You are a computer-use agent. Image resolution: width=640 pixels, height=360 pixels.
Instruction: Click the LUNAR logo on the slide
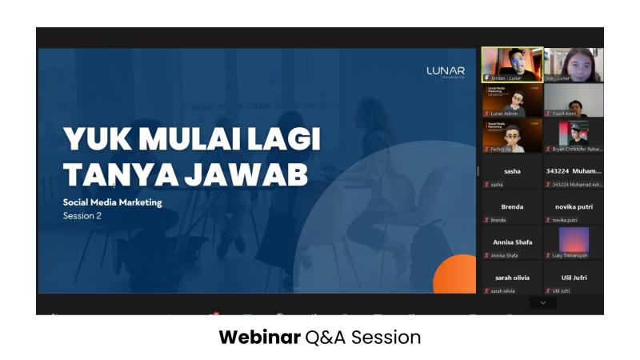446,72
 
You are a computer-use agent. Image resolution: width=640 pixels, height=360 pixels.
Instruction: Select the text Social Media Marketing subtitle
112,202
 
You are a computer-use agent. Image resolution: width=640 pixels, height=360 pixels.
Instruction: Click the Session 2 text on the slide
83,216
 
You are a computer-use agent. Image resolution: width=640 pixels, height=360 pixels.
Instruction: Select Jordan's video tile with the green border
512,65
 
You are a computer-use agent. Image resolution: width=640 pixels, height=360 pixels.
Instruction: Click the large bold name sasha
512,171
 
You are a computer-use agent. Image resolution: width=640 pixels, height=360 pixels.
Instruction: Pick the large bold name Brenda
512,206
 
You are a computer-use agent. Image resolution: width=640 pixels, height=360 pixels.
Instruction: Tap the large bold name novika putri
574,206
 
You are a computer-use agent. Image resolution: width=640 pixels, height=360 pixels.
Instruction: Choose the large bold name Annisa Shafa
512,242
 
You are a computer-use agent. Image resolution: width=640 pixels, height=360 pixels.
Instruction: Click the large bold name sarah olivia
512,278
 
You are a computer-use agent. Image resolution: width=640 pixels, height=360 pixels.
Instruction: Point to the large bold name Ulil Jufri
574,278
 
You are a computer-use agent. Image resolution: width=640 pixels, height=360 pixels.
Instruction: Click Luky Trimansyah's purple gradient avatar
574,238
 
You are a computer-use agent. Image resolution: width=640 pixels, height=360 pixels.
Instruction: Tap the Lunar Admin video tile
512,100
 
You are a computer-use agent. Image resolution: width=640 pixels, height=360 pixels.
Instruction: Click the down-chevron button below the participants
543,303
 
